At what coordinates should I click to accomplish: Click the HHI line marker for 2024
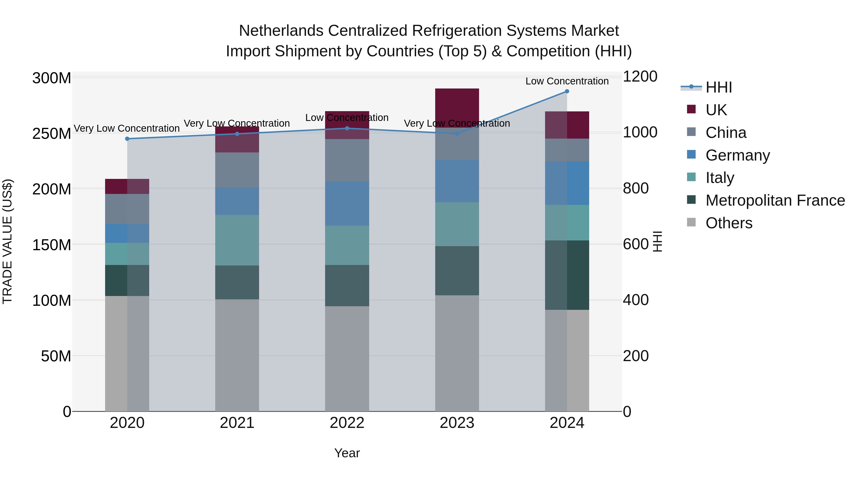click(567, 91)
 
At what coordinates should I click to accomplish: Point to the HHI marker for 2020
click(127, 139)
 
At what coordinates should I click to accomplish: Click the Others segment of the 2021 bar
click(237, 355)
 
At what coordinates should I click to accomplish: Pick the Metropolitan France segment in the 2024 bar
click(567, 275)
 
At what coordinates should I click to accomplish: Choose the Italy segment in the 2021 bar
click(237, 240)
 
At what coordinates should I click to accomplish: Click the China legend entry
click(726, 133)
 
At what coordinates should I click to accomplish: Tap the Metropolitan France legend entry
click(775, 200)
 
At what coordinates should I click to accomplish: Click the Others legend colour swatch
click(691, 222)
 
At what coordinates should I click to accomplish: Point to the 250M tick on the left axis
click(52, 134)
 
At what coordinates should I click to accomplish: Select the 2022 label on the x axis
click(347, 423)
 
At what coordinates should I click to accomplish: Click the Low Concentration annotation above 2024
click(567, 81)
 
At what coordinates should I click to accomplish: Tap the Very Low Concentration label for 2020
click(127, 128)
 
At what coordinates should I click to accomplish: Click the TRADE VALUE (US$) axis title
click(7, 241)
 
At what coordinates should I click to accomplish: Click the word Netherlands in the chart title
click(281, 31)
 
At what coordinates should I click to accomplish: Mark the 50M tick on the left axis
click(56, 356)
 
